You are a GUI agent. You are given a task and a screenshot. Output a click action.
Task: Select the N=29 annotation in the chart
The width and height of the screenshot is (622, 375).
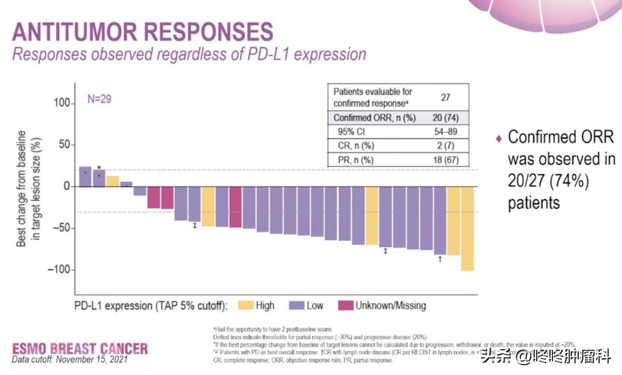(99, 99)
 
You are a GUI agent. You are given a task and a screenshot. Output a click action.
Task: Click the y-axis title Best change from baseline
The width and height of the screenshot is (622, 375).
(21, 188)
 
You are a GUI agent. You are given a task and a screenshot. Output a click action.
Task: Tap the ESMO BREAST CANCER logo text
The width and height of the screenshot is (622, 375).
(80, 348)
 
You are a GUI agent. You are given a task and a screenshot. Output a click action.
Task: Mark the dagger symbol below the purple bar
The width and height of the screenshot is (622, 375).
(440, 259)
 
